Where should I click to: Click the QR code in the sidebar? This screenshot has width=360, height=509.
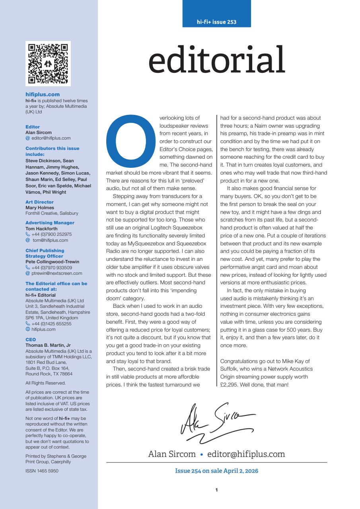pos(48,64)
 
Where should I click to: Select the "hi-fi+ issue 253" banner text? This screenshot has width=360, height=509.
pos(217,22)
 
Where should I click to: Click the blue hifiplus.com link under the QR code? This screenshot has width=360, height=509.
pos(43,94)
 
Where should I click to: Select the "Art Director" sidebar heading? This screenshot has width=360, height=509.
pos(39,202)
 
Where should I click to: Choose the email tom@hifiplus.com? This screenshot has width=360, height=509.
pos(51,240)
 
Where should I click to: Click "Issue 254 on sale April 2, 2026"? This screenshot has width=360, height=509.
pos(217,471)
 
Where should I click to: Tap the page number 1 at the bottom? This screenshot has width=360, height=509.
pos(217,490)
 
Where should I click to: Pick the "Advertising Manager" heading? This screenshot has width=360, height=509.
pos(50,223)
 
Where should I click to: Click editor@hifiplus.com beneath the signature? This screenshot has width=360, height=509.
pos(246,454)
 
